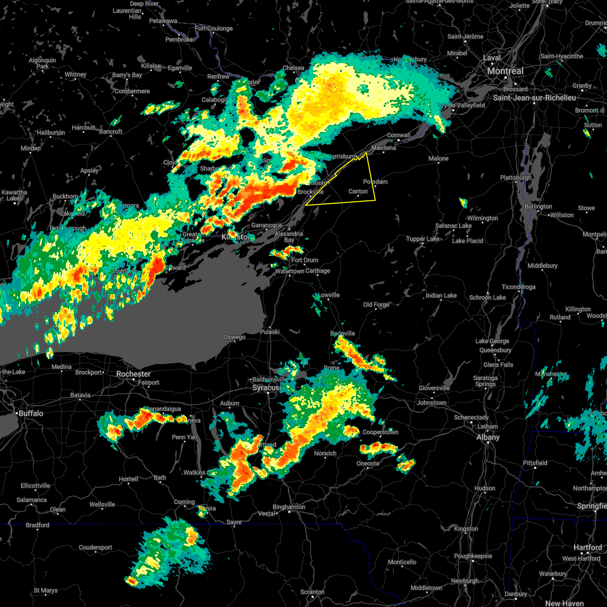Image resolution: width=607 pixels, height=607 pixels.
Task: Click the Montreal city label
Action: [505, 71]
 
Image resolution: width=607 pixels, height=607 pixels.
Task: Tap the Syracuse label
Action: [266, 388]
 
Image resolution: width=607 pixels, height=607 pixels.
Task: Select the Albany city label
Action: [488, 438]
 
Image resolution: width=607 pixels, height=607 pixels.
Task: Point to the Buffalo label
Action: [31, 414]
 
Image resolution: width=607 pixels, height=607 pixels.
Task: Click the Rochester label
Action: [134, 374]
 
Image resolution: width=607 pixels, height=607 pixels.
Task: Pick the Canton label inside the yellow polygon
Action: [358, 191]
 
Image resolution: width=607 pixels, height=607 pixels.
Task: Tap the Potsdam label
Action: [375, 182]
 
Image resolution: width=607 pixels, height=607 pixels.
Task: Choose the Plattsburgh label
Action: [515, 178]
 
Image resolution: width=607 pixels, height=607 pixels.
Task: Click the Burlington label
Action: [538, 206]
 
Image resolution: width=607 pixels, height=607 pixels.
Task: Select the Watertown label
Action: [289, 271]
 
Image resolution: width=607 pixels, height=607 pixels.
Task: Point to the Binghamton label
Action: [288, 507]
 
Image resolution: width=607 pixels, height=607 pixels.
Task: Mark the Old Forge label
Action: [376, 305]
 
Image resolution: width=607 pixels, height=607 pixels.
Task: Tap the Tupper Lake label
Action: [423, 239]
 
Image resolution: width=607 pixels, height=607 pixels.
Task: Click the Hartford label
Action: [588, 547]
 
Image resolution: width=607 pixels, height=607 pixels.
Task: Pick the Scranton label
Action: [312, 592]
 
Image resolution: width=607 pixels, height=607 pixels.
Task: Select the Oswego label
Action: [234, 337]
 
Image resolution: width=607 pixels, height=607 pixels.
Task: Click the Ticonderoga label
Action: [518, 287]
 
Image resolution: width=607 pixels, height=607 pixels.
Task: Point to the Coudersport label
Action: [95, 547]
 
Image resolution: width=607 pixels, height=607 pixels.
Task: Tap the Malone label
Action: [438, 158]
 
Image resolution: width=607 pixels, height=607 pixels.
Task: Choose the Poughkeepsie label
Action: [473, 556]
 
